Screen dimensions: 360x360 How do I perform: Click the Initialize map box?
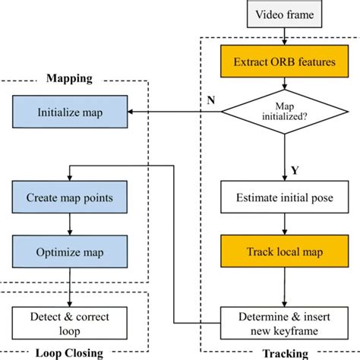click(69, 113)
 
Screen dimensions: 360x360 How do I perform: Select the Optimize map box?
click(69, 251)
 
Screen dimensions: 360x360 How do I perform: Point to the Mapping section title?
click(69, 77)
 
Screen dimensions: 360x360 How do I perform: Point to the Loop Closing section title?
click(69, 353)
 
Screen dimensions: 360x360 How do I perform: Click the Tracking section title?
click(285, 353)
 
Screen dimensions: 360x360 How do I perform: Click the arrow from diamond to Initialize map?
click(175, 113)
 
